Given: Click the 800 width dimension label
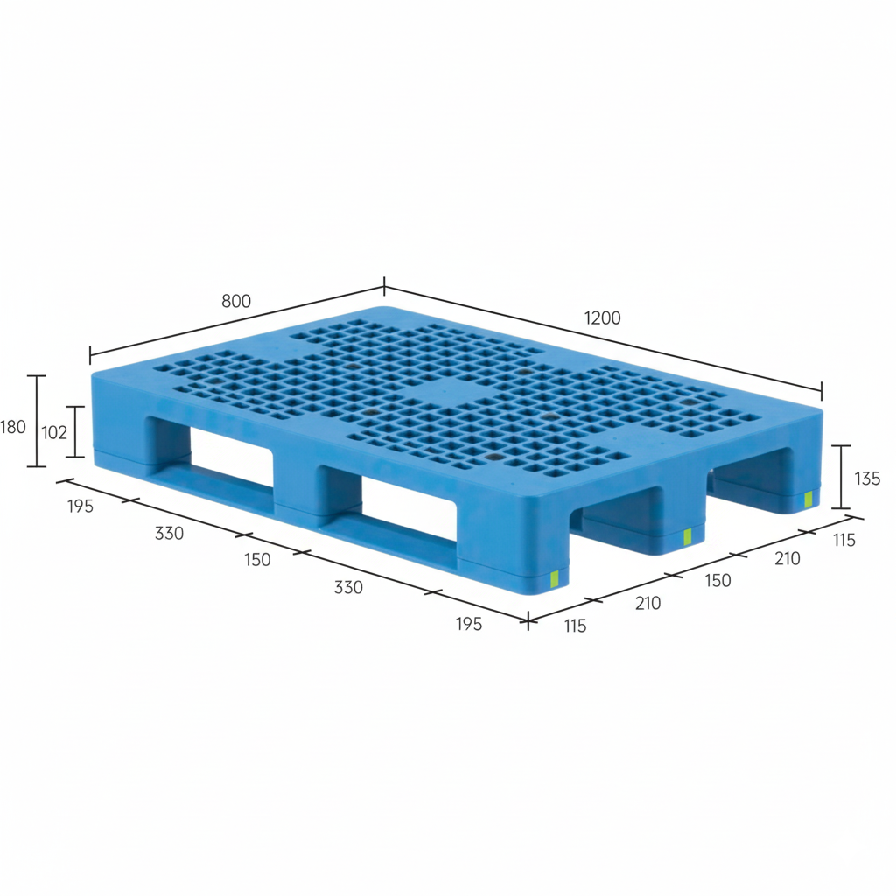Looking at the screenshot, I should click(x=236, y=301).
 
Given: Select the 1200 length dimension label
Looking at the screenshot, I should click(x=603, y=318).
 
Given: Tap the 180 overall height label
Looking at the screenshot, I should click(x=13, y=428).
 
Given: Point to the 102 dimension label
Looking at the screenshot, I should click(x=54, y=431).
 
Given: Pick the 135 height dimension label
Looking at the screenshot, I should click(x=866, y=479).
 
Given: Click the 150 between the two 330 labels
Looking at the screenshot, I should click(x=257, y=559).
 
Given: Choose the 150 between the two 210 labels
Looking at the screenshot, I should click(x=717, y=580).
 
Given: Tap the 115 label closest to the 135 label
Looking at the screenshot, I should click(x=843, y=540).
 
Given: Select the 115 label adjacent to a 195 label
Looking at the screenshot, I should click(x=575, y=626).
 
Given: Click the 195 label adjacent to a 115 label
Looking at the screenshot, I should click(x=468, y=623).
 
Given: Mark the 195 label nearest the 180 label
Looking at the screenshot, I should click(x=80, y=507).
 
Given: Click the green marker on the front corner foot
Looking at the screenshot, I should click(x=553, y=578).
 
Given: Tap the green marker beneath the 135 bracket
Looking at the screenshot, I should click(x=808, y=500).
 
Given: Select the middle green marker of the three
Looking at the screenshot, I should click(x=688, y=536).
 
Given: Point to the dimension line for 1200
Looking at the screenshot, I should click(x=604, y=338).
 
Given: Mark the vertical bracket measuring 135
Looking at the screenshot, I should click(x=841, y=477).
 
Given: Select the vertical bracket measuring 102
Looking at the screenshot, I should click(x=77, y=431).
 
